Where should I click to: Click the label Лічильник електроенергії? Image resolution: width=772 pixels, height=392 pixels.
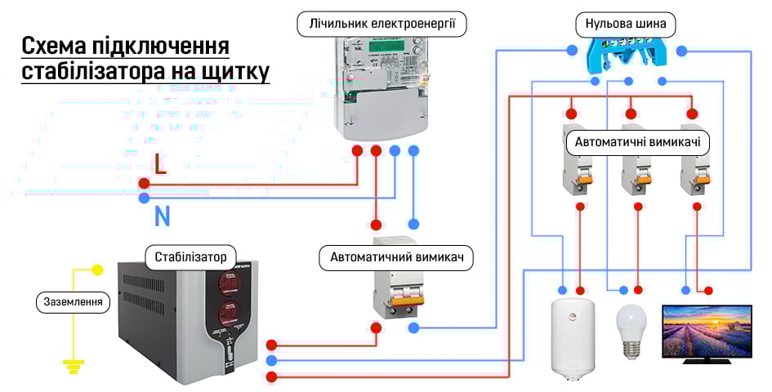click(x=382, y=24)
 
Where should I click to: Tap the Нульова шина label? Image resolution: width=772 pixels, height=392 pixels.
click(x=626, y=24)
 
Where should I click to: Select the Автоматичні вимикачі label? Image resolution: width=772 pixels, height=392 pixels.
click(x=637, y=141)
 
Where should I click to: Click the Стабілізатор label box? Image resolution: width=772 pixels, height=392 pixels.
click(x=190, y=256)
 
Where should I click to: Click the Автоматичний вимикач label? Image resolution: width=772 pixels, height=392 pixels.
click(x=396, y=257)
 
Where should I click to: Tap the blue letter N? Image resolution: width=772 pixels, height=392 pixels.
click(x=162, y=216)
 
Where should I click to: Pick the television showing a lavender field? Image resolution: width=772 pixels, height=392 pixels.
click(x=707, y=332)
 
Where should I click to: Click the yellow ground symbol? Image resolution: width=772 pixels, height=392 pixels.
click(x=74, y=365)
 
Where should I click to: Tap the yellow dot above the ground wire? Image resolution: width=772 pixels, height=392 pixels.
click(x=97, y=269)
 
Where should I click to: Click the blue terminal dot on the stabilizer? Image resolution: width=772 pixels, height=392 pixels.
click(x=272, y=360)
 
